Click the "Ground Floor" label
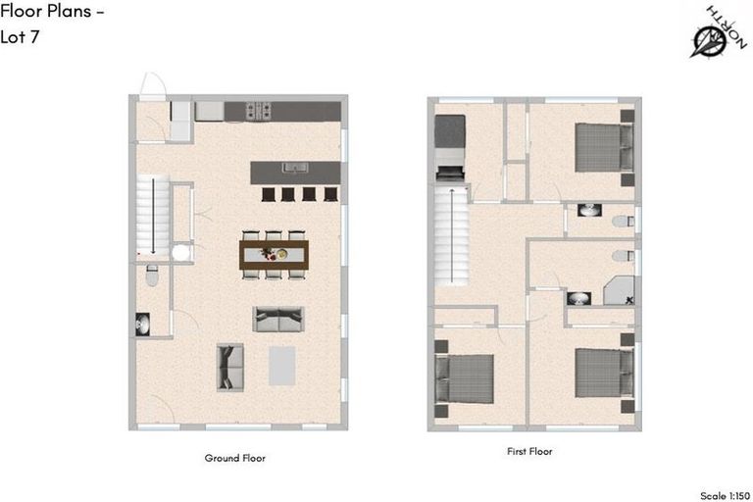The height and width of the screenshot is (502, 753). [234, 458]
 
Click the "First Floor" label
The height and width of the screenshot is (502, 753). [528, 452]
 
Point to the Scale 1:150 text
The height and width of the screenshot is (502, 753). [727, 495]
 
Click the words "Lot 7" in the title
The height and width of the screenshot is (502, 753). [20, 37]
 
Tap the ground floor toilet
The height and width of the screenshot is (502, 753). [151, 276]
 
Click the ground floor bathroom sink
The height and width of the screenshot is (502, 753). [144, 324]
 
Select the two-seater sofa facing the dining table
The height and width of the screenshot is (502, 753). [278, 319]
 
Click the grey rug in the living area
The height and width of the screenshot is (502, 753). [282, 366]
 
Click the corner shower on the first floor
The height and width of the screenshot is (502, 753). [619, 291]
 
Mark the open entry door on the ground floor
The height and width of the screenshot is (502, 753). [153, 86]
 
